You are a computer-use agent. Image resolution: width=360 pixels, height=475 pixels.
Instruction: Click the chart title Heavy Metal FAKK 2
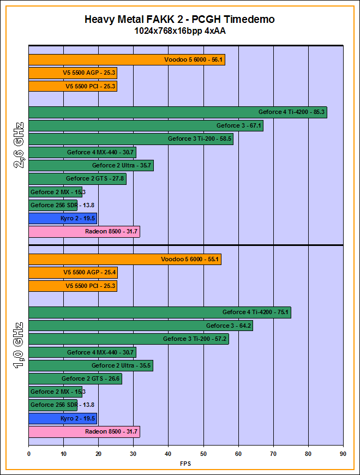[x=179, y=20]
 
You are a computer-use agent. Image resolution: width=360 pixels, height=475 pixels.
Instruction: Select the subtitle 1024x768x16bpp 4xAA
[x=179, y=31]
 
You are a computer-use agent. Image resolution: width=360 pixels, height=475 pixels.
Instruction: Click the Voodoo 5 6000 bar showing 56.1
[x=127, y=60]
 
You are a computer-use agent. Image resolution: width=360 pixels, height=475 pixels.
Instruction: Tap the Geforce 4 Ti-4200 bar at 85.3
[x=177, y=112]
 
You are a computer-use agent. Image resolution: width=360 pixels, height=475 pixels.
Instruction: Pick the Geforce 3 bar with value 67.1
[x=146, y=125]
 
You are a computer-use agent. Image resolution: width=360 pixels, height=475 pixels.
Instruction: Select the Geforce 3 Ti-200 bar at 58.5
[x=131, y=139]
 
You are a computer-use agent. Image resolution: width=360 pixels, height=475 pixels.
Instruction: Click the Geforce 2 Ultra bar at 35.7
[x=91, y=165]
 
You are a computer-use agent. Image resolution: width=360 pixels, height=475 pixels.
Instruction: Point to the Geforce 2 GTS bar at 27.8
[x=77, y=179]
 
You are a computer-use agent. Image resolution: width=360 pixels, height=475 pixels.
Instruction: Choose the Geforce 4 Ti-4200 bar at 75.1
[x=159, y=312]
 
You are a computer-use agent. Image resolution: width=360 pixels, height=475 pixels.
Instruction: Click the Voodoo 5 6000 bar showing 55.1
[x=125, y=260]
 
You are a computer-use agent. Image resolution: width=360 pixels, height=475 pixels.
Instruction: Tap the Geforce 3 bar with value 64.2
[x=141, y=326]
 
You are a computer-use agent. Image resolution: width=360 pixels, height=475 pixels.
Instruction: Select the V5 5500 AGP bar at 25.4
[x=73, y=273]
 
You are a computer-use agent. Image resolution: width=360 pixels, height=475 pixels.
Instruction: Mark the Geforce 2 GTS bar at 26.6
[x=75, y=379]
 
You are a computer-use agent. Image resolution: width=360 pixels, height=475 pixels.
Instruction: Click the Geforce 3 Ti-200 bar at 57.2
[x=129, y=339]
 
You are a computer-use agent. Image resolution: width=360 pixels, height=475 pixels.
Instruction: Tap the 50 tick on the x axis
[x=203, y=452]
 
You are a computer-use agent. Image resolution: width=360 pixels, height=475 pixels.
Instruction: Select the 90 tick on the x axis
[x=343, y=452]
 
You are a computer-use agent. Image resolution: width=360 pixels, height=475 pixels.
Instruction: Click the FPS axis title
[x=185, y=464]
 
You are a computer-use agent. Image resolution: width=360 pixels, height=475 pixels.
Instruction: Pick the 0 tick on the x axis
[x=29, y=452]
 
